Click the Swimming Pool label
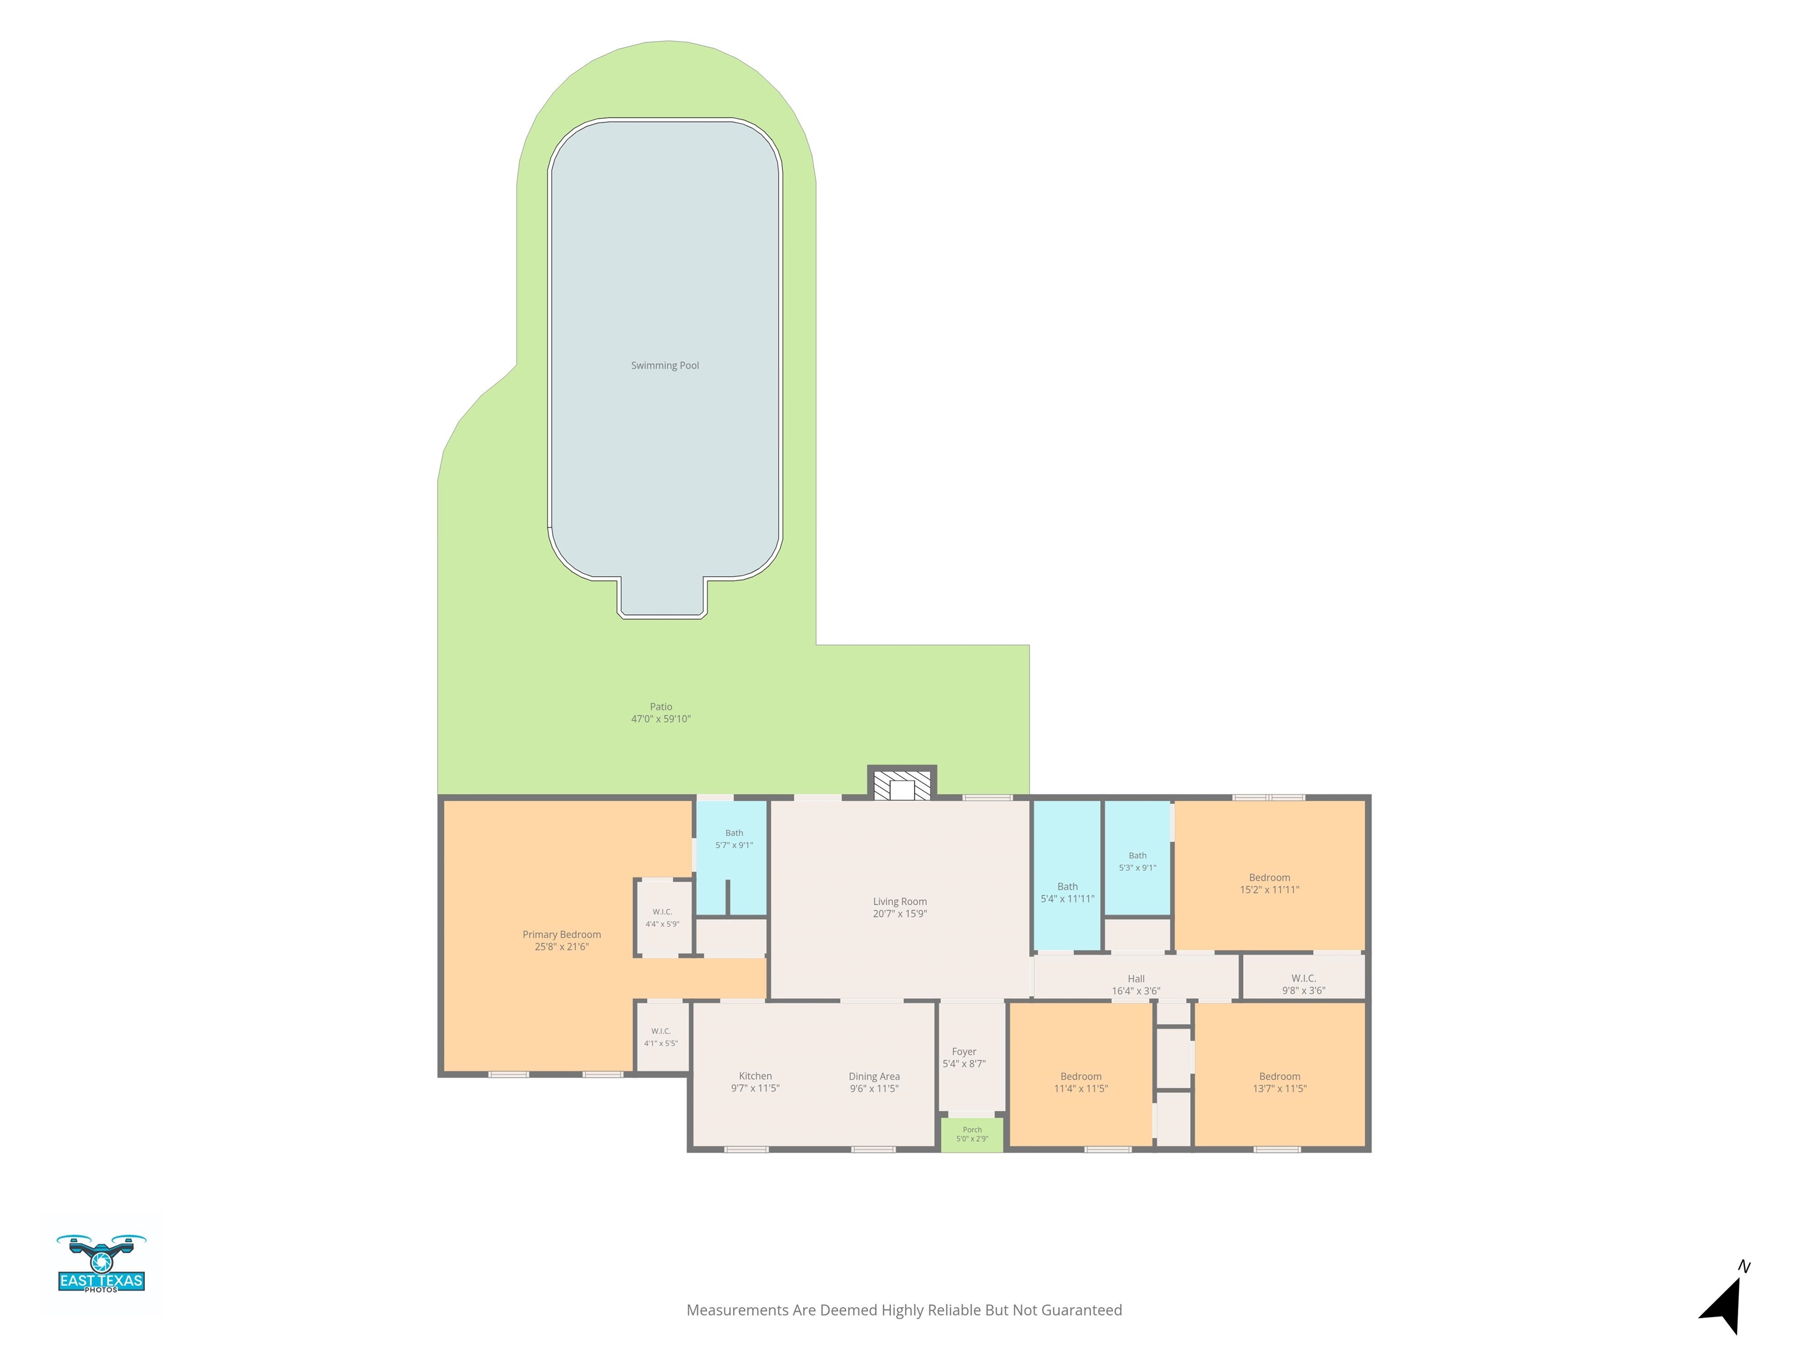(x=665, y=365)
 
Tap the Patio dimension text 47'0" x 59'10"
(x=661, y=719)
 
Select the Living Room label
(x=900, y=902)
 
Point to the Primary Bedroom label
(x=562, y=934)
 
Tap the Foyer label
(x=964, y=1052)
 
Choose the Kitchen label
(x=756, y=1076)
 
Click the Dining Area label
(x=874, y=1076)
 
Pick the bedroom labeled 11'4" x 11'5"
(x=1081, y=1076)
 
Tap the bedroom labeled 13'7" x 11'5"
(x=1280, y=1076)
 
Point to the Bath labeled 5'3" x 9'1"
(x=1138, y=858)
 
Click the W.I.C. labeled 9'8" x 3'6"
(x=1304, y=977)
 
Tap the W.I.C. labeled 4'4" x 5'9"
(x=663, y=917)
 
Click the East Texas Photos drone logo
(x=101, y=1263)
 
